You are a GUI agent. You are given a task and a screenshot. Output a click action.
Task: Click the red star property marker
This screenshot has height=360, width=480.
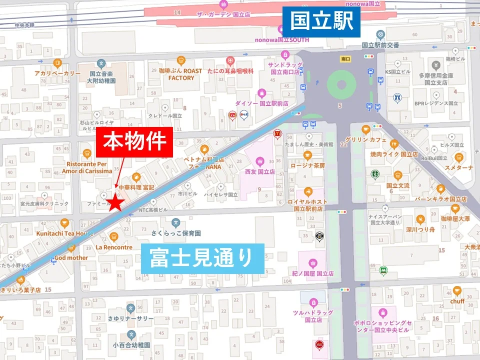point(116,202)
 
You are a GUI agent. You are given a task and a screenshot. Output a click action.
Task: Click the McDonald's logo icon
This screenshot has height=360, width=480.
point(276,133)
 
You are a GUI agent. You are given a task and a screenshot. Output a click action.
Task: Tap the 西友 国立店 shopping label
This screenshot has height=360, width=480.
point(259,171)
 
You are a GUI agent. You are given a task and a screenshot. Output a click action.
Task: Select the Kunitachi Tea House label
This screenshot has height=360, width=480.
point(64,233)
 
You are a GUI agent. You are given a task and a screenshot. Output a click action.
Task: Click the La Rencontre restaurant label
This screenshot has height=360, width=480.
point(114,247)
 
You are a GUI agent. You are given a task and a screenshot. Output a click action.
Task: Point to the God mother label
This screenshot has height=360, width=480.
point(70,257)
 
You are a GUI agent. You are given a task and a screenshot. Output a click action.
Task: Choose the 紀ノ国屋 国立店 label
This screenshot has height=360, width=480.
point(313,273)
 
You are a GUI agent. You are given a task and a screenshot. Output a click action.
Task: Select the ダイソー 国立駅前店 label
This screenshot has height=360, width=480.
point(262,103)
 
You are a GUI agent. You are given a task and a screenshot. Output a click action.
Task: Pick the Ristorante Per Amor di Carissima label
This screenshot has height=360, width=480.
point(89,167)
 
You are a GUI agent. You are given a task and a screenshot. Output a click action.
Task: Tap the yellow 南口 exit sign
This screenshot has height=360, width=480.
point(345,58)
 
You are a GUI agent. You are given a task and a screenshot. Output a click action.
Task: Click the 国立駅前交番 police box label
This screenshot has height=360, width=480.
point(380,45)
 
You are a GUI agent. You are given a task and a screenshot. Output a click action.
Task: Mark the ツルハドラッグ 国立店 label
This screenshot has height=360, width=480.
point(313,316)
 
